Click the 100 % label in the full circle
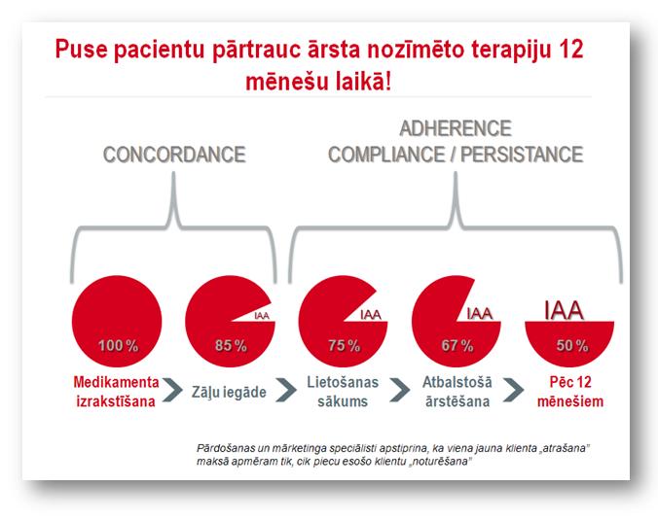(118, 345)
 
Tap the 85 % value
(231, 345)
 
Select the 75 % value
(345, 345)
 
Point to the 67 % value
(457, 345)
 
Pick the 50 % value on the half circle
(572, 345)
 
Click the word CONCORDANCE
(174, 155)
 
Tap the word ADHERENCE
(456, 128)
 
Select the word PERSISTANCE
(522, 155)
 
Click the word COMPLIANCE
(386, 155)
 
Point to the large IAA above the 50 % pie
(564, 311)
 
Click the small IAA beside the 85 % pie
(262, 316)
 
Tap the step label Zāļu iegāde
(229, 392)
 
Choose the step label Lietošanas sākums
(343, 392)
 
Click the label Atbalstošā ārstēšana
(457, 392)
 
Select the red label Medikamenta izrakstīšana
(116, 392)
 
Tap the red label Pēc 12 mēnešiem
(570, 392)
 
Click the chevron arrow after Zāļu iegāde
(286, 390)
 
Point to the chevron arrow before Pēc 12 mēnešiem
(514, 390)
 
